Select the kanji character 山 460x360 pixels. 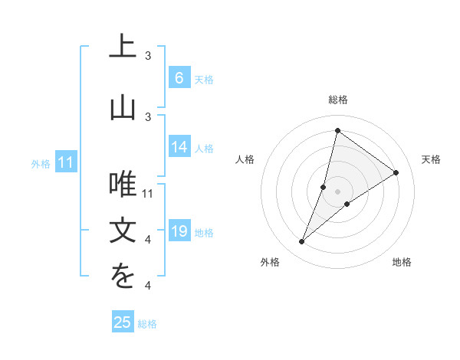123,107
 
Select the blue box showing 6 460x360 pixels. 179,78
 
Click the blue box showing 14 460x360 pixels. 179,147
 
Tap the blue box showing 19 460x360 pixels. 179,231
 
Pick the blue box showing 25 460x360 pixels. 123,322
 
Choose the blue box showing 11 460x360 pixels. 65,162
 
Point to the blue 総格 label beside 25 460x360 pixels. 147,324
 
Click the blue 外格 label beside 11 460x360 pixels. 41,163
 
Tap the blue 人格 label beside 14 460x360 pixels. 204,148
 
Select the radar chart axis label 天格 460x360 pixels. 431,159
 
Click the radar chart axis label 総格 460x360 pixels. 337,100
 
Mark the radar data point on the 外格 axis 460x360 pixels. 302,242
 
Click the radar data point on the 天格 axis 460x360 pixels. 396,172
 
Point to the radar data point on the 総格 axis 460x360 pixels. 337,131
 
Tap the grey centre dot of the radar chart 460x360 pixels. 337,191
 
